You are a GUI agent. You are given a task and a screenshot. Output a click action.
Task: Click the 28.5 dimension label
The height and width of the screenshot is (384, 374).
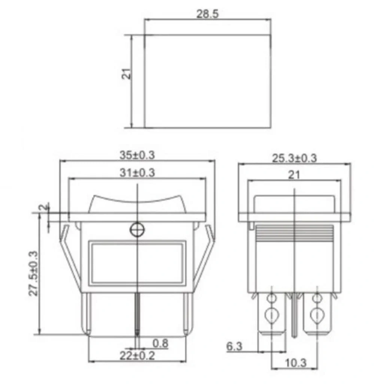tap(207, 14)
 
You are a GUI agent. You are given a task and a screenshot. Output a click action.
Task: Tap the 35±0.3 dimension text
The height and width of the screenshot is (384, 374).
tap(137, 155)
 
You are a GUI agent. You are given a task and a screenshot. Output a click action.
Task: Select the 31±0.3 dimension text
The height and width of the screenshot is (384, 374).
tap(137, 172)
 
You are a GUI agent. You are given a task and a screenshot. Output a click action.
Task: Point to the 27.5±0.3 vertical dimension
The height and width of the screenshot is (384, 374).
tap(34, 273)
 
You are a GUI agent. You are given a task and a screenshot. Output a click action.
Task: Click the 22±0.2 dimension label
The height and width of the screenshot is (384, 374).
tap(137, 355)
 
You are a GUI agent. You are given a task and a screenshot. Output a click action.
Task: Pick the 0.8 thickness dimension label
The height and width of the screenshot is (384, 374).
tap(160, 343)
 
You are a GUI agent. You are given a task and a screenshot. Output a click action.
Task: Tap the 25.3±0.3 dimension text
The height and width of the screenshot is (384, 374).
tap(294, 158)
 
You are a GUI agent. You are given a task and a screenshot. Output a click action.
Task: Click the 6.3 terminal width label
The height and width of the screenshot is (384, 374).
tap(234, 346)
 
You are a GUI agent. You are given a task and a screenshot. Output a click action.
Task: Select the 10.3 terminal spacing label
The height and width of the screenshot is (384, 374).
tap(295, 363)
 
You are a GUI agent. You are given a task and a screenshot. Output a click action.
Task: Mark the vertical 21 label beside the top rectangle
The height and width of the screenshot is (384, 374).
tap(127, 73)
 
